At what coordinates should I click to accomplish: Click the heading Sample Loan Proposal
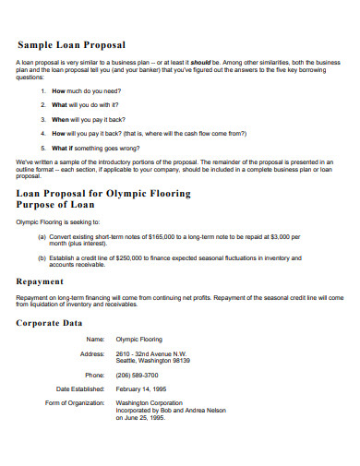(x=72, y=44)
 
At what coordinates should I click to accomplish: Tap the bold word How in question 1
(x=58, y=92)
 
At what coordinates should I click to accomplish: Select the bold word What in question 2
(x=60, y=105)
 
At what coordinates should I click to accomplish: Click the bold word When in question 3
(x=60, y=119)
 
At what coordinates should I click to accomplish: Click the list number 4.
(x=43, y=133)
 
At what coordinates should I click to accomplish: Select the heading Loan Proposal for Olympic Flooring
(x=103, y=194)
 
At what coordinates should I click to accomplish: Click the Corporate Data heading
(x=50, y=324)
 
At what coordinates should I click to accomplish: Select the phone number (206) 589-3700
(x=137, y=375)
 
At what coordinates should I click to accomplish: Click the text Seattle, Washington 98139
(x=153, y=361)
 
